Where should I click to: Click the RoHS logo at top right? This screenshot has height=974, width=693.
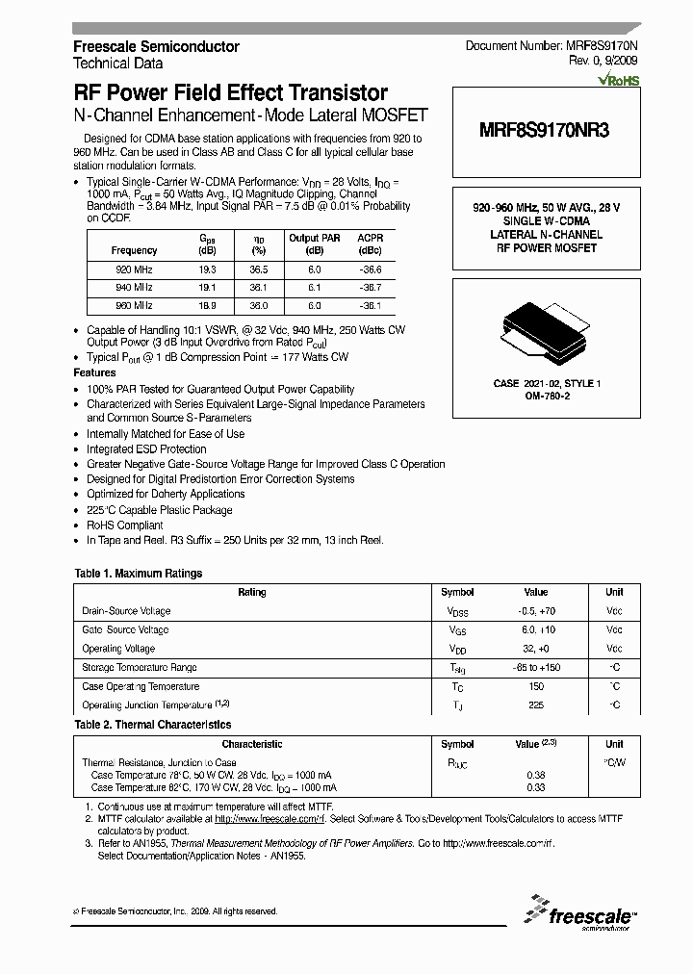(x=618, y=82)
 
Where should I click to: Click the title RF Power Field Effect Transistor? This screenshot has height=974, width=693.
(x=231, y=93)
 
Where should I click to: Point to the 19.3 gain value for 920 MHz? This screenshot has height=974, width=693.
(x=207, y=270)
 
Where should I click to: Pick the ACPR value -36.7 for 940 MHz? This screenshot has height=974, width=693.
(x=369, y=288)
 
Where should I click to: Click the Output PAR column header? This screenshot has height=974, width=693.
(x=316, y=238)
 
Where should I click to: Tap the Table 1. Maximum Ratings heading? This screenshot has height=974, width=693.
(x=139, y=574)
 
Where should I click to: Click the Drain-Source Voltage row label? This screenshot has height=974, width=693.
(x=126, y=611)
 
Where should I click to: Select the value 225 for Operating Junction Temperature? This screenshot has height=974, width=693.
(x=535, y=705)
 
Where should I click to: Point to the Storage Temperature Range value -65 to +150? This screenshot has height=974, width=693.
(x=535, y=668)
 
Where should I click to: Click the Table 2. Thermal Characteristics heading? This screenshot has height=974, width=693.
(x=153, y=725)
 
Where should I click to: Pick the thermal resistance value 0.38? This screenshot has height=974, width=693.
(x=535, y=775)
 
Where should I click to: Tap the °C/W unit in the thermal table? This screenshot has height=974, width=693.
(x=614, y=762)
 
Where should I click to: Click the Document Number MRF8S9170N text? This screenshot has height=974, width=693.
(x=552, y=46)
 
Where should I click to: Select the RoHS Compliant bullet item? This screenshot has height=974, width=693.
(x=125, y=525)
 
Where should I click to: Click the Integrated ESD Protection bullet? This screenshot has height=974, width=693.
(x=146, y=449)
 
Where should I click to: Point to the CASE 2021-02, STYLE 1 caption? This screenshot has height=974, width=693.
(x=546, y=383)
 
